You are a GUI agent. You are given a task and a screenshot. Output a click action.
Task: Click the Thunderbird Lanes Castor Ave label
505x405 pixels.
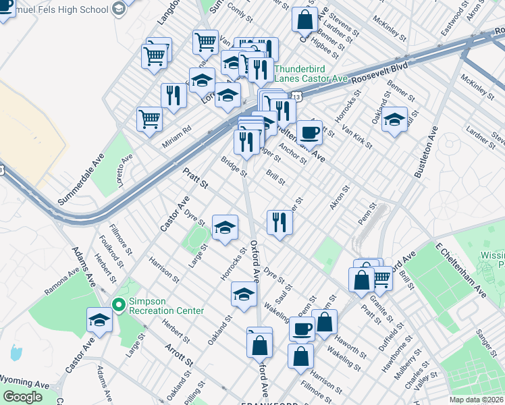[310, 73]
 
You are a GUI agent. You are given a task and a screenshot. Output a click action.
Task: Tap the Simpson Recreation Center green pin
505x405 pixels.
[119, 306]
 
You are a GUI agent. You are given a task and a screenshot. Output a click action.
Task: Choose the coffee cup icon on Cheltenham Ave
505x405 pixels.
[309, 132]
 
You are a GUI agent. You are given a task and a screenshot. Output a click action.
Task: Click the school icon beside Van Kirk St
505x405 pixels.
[395, 120]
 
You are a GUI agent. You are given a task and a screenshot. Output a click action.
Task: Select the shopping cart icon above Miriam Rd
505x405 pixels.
[149, 118]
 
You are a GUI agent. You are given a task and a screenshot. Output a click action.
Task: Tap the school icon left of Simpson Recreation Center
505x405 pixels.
[100, 319]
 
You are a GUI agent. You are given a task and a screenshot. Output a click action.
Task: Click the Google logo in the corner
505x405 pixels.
[23, 397]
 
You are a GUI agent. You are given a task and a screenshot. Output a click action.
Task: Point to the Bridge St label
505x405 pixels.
[234, 165]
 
